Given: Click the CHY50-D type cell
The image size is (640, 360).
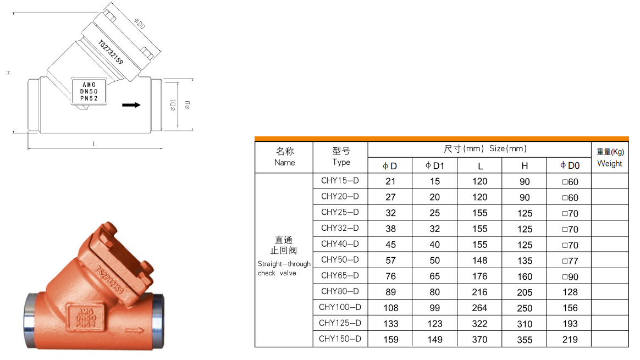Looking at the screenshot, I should (340, 259).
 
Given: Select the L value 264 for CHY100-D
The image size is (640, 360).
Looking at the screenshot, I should (479, 308).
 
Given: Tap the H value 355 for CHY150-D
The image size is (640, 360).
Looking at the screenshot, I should (525, 340).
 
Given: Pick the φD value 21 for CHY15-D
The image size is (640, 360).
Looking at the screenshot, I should (390, 181).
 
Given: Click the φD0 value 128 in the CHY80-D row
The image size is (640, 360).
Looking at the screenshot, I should (570, 292).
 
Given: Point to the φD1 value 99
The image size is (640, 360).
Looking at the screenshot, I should (435, 308).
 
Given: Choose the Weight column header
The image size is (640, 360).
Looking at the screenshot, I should (610, 158).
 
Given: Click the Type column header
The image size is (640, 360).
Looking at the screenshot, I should (341, 157).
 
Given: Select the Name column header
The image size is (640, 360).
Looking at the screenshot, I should (285, 157).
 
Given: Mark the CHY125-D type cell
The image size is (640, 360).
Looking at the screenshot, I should (340, 323).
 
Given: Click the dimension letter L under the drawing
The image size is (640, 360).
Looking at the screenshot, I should (95, 144).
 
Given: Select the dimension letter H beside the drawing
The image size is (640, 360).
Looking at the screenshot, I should (8, 73).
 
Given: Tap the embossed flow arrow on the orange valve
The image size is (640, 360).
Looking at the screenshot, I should (134, 331).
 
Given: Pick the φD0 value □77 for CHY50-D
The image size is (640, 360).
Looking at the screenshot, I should (570, 261).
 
